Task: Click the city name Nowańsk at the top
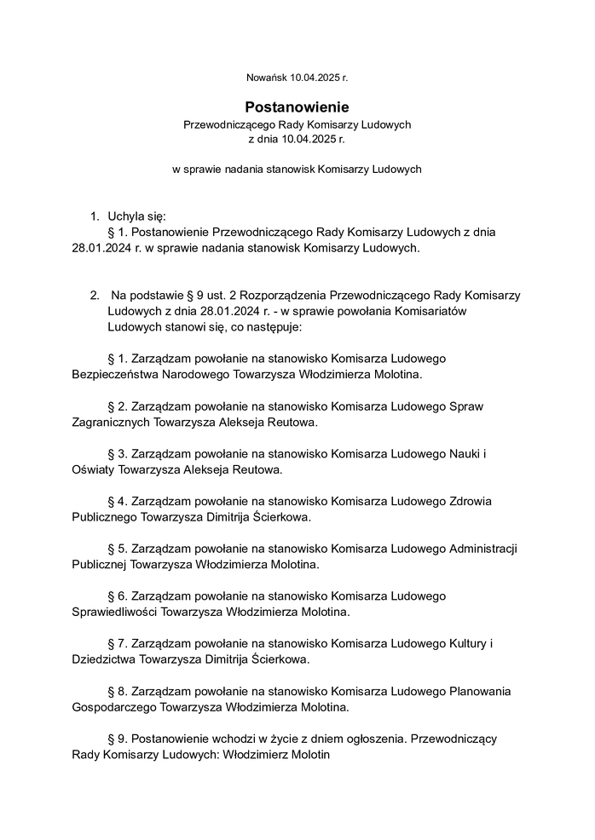pyautogui.click(x=265, y=78)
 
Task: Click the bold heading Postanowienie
pyautogui.click(x=297, y=107)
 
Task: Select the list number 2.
pyautogui.click(x=95, y=295)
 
